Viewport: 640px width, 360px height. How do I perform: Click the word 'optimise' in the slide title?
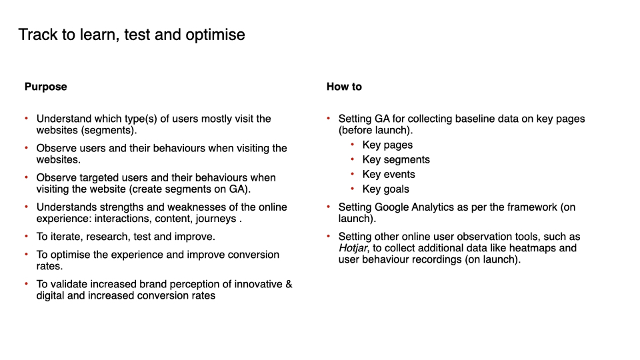pos(215,35)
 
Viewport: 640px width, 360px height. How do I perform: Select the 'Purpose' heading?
pos(46,87)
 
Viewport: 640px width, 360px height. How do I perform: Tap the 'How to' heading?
pos(344,87)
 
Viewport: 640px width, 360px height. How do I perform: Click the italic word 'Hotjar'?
pos(353,248)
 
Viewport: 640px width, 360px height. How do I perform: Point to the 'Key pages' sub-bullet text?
pos(387,145)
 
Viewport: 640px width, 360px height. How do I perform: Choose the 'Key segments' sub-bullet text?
pos(396,160)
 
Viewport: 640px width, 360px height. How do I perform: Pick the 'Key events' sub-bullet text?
pos(389,174)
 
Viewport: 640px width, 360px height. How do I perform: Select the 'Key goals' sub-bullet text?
pos(386,189)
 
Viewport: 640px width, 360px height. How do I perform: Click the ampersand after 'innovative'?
pos(289,284)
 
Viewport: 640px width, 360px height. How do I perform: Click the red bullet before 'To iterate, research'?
pos(27,236)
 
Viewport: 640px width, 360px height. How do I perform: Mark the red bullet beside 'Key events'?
pos(352,174)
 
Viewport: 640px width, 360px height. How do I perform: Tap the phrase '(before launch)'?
pos(375,131)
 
